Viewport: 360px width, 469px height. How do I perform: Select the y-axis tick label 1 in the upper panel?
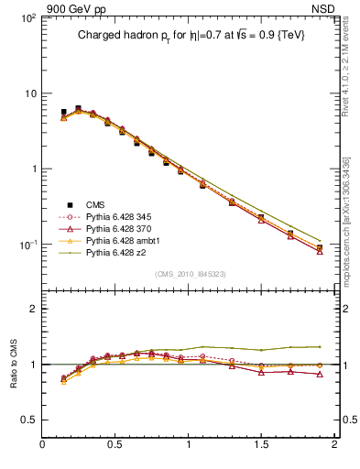(x=32, y=169)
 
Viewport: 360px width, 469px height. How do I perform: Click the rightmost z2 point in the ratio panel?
(x=319, y=346)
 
